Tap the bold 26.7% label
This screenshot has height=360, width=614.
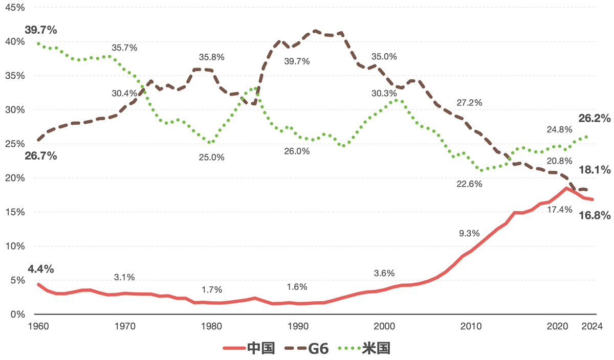click(40, 155)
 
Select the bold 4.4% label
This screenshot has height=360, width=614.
click(41, 269)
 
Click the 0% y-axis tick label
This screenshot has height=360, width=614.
click(15, 314)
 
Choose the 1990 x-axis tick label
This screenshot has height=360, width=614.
click(298, 326)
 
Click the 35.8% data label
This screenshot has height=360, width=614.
click(211, 57)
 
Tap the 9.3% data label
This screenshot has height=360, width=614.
click(469, 233)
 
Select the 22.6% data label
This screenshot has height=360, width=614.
click(469, 184)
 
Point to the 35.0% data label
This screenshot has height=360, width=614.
click(384, 57)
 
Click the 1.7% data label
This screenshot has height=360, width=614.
click(211, 289)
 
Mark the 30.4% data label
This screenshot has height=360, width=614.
click(124, 93)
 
